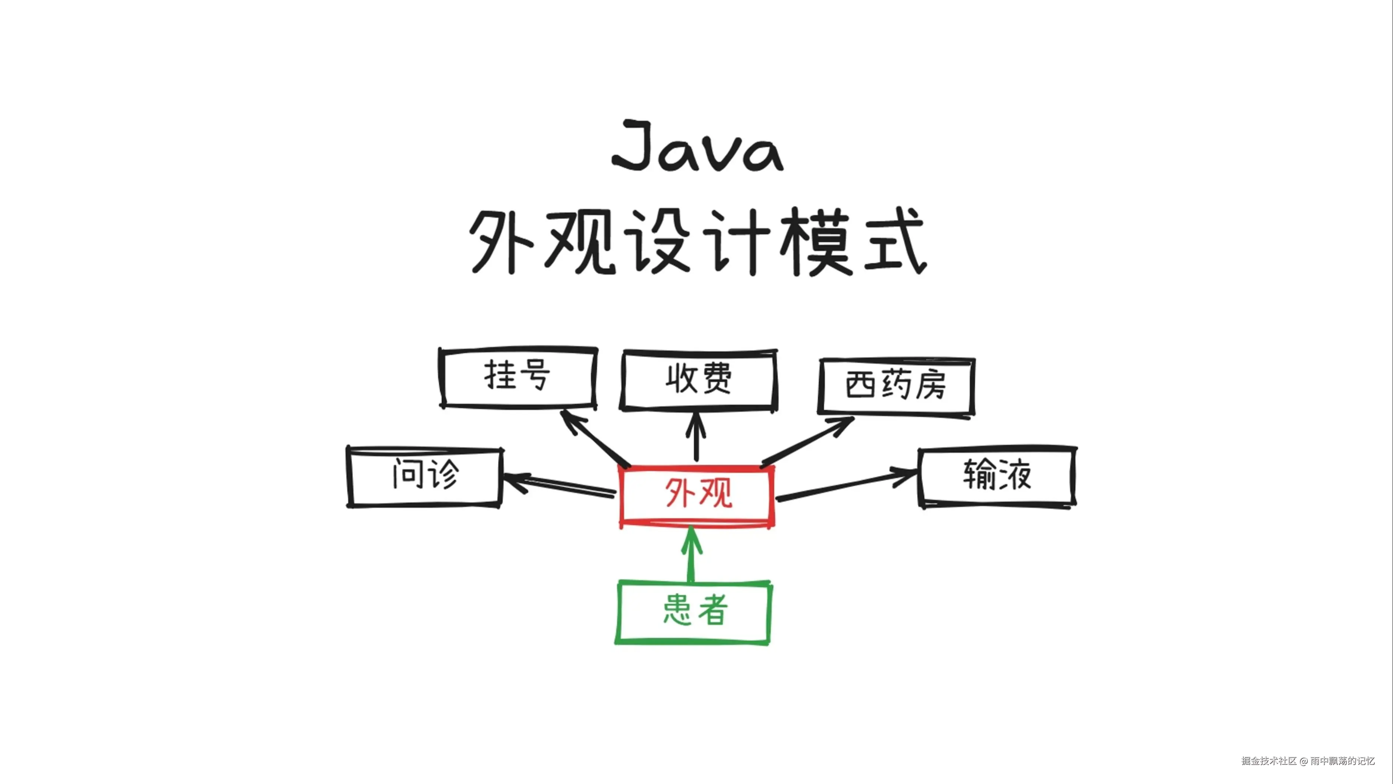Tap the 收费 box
(x=699, y=380)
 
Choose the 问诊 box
(x=425, y=476)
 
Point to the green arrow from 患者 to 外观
(x=691, y=555)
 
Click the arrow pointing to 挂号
(x=595, y=438)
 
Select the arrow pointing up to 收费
(x=696, y=438)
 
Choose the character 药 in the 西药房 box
(x=897, y=385)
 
